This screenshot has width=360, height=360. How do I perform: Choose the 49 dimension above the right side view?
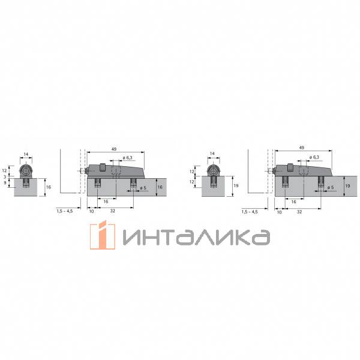[x=301, y=147]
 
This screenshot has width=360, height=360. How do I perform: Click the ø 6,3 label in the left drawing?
[x=128, y=158]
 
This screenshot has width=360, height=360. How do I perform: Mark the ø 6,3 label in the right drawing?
[x=314, y=158]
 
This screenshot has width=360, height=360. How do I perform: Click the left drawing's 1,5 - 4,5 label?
[x=64, y=211]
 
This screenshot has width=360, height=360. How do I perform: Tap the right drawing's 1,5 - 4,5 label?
[x=250, y=211]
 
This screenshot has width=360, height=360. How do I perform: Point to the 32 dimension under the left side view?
[x=113, y=211]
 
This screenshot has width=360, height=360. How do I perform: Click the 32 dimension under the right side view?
[x=299, y=211]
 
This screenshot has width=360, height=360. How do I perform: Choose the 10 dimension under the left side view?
[x=91, y=211]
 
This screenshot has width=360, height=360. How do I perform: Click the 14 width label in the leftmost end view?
[x=26, y=154]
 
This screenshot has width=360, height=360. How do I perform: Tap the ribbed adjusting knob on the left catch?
[x=104, y=166]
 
